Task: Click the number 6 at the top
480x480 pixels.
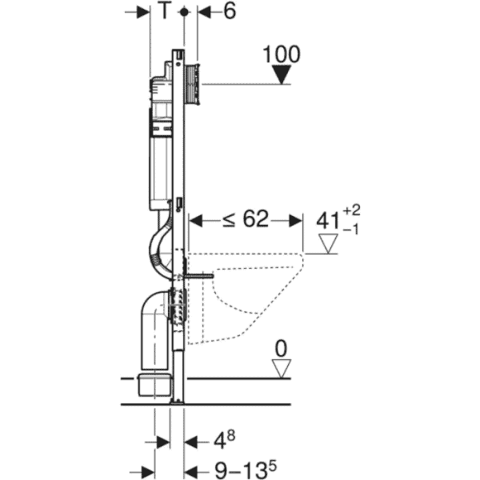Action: click(x=230, y=11)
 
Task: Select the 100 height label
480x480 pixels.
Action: click(x=282, y=54)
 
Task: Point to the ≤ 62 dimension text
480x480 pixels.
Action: click(x=246, y=219)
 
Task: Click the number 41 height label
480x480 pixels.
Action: click(x=328, y=221)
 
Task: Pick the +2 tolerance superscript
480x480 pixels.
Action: click(x=351, y=210)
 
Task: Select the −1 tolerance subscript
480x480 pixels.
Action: click(x=350, y=230)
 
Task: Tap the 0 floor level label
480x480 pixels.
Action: click(x=282, y=349)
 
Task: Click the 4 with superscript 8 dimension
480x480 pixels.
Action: click(x=224, y=441)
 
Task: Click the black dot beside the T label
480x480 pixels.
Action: click(x=184, y=12)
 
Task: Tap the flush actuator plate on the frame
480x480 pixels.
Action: click(x=193, y=85)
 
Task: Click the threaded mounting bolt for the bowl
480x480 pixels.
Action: click(x=198, y=276)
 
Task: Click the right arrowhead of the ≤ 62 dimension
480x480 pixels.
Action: click(x=295, y=221)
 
